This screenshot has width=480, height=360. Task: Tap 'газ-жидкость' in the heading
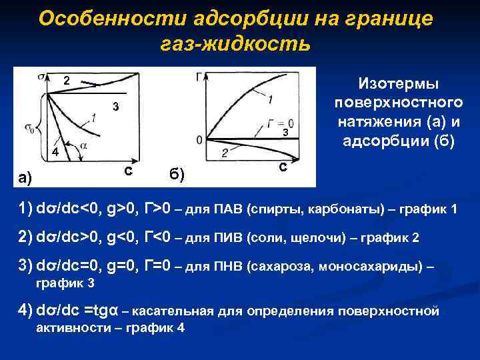click(235, 44)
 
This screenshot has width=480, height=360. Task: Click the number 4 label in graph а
click(56, 153)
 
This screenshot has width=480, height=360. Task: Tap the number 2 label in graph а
click(67, 80)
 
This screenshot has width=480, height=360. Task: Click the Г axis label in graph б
click(199, 76)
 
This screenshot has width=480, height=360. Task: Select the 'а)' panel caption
click(25, 177)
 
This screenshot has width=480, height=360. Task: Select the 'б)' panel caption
click(177, 175)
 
